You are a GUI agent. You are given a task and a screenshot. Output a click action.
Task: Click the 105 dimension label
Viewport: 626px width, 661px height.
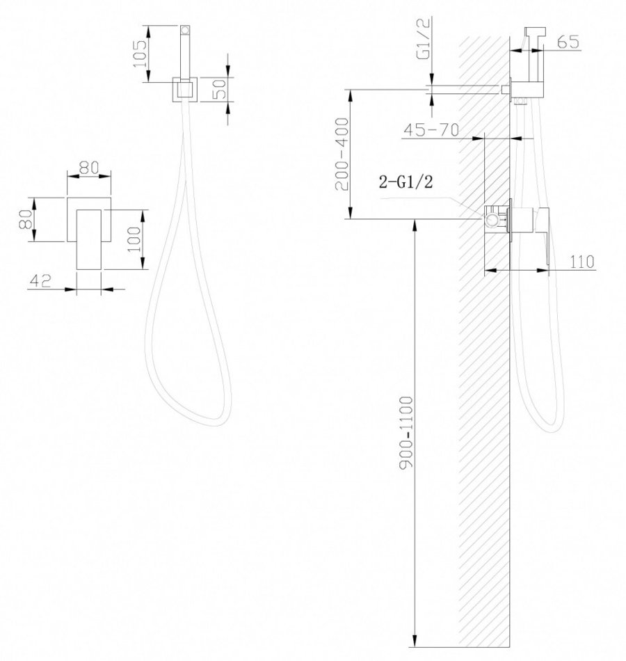point(140,53)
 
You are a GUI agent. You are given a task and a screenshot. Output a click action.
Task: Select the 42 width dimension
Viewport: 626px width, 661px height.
point(40,280)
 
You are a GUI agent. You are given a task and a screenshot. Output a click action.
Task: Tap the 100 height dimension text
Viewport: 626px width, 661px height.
point(134,239)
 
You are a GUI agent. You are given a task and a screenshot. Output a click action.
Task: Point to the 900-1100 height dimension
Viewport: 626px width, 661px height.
point(407,432)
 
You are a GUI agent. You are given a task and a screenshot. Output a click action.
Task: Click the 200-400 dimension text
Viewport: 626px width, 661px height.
point(342,154)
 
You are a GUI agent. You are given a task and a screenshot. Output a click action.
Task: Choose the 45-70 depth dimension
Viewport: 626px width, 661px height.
point(431,129)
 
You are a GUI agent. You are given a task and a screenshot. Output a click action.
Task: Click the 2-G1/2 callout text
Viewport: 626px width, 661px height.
point(406,182)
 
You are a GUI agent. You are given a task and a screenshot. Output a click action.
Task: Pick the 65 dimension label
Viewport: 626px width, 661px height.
point(568,42)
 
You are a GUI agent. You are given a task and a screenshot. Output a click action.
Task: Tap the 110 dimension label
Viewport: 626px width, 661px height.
point(582,262)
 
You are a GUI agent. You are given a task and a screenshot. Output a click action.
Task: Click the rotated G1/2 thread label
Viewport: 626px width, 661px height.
point(424,39)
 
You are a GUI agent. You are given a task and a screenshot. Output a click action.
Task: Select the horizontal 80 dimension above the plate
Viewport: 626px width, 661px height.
point(89,168)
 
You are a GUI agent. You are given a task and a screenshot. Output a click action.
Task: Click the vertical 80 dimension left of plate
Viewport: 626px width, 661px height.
point(26,219)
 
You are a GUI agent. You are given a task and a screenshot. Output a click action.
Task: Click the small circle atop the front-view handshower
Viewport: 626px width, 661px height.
point(184,30)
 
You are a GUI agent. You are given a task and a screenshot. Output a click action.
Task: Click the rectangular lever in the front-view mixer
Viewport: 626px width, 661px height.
point(88,239)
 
